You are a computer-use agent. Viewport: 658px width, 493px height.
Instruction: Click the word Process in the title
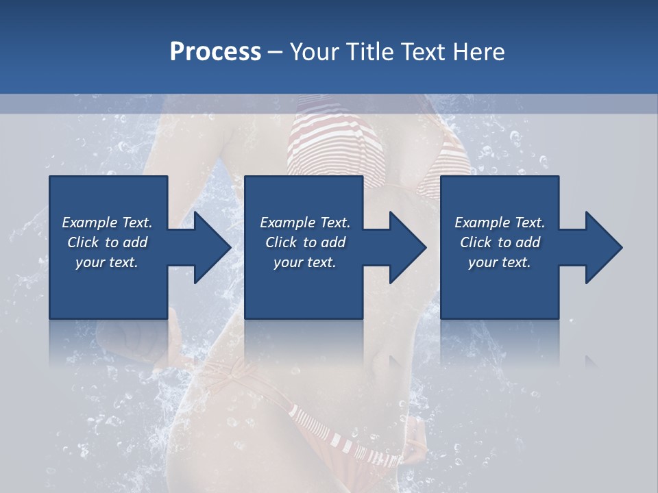pos(215,52)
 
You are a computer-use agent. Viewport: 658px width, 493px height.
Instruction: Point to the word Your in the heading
pos(315,52)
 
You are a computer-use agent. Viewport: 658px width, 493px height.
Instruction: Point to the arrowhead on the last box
pos(602,247)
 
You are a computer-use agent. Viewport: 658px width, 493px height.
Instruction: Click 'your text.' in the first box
pos(107,262)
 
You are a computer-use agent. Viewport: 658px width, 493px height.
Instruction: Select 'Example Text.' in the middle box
pos(305,223)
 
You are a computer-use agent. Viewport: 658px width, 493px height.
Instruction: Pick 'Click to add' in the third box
pos(500,242)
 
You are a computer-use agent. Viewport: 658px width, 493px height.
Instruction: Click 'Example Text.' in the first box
pos(107,223)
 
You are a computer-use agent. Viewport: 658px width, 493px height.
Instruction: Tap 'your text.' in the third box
pos(500,262)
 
